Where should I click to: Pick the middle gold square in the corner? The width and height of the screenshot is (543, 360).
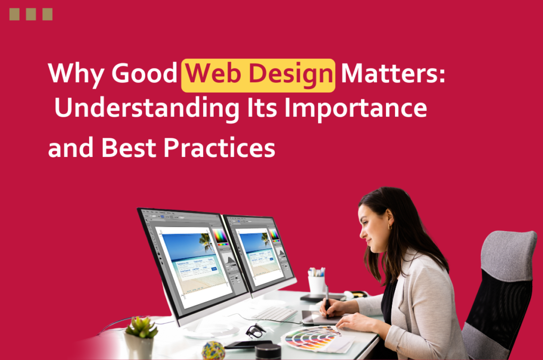pos(31,14)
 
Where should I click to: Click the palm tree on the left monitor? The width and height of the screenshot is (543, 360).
pos(205,241)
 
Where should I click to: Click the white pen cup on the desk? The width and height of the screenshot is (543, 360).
pos(317,284)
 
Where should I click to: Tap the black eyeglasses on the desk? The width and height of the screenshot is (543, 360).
pos(256,330)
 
